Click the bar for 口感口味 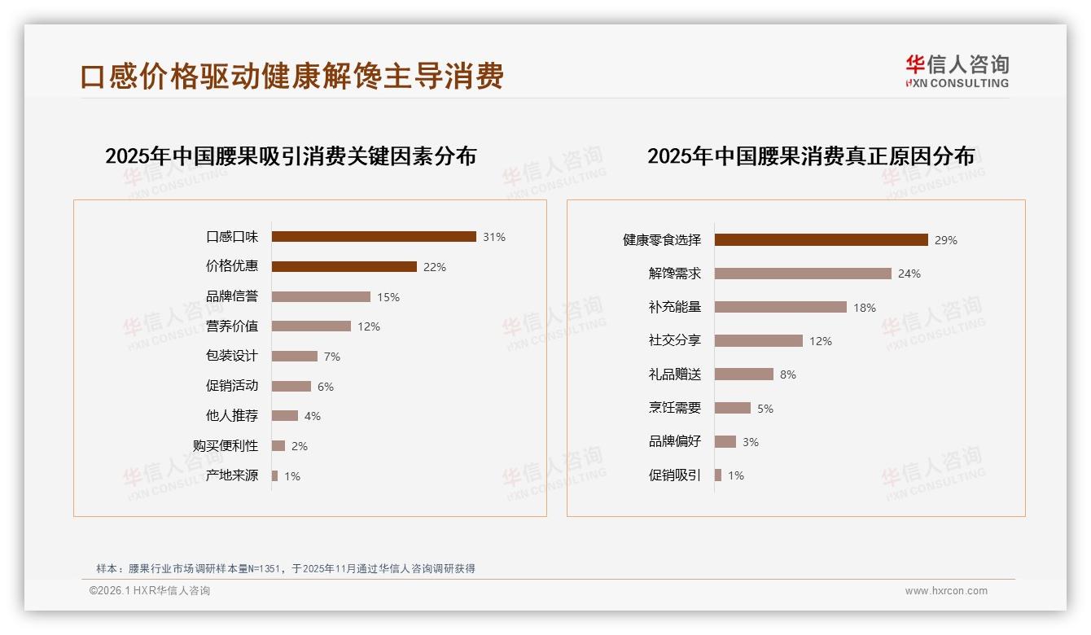click(x=374, y=237)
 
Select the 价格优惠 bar click(x=344, y=267)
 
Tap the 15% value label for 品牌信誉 click(x=388, y=297)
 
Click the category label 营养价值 click(x=232, y=326)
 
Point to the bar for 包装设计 click(x=295, y=357)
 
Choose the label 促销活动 click(x=232, y=386)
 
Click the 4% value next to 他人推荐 click(x=313, y=416)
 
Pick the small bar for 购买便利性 click(x=278, y=446)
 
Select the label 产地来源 click(x=232, y=475)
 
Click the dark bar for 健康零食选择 click(x=821, y=240)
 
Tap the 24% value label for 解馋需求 click(x=909, y=274)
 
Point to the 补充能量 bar click(x=781, y=307)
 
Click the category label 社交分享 click(x=675, y=341)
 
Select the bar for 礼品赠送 click(x=744, y=374)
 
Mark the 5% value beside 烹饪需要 click(x=765, y=409)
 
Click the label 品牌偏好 click(x=675, y=442)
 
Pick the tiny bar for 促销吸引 click(x=718, y=475)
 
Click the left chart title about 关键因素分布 click(x=291, y=156)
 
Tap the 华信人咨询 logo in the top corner click(x=957, y=71)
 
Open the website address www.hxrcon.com click(x=946, y=591)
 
